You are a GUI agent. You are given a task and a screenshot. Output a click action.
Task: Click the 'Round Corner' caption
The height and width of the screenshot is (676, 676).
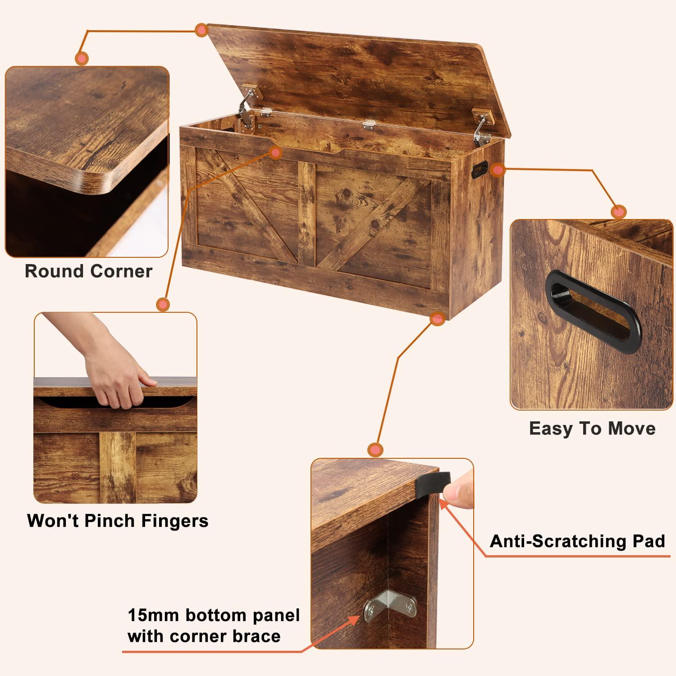[x=88, y=271]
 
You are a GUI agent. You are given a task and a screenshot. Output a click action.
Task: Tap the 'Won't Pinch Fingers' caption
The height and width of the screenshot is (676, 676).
[x=118, y=521]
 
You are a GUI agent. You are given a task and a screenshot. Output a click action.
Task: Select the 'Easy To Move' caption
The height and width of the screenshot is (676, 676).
[x=592, y=428]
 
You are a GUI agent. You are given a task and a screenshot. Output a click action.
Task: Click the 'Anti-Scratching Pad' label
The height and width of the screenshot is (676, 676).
[x=577, y=541]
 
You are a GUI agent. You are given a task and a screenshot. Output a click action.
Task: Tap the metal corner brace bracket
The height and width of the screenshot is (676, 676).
[x=391, y=608]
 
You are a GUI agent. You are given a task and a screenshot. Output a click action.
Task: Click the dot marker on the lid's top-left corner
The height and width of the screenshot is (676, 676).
[x=201, y=30]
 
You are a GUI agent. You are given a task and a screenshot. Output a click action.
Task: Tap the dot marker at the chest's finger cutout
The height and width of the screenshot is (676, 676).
[x=275, y=152]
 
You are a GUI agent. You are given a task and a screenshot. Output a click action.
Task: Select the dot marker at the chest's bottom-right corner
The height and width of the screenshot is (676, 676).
[x=436, y=319]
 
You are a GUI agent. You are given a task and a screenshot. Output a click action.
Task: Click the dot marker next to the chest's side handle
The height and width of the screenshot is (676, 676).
[x=498, y=170]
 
